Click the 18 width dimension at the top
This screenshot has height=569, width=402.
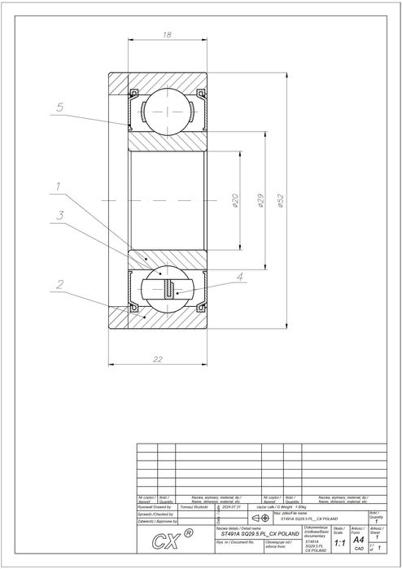(x=167, y=35)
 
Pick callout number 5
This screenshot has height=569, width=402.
(x=60, y=107)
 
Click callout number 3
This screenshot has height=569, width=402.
(x=60, y=215)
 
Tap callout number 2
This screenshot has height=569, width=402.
(x=60, y=285)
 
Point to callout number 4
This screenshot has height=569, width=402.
(x=239, y=278)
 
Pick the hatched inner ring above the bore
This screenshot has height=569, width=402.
(x=168, y=140)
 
